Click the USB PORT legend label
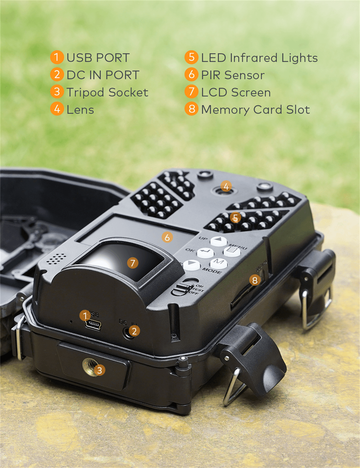pos(98,58)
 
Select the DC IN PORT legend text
pos(103,75)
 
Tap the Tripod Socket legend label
pos(107,92)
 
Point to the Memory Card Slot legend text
pos(255,110)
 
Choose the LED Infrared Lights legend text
pos(259,58)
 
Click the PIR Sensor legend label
pos(233,75)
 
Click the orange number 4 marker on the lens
pos(226,186)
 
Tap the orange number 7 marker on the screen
pos(132,263)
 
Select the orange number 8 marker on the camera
pos(255,280)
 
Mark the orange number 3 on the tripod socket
pos(100,370)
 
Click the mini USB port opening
pos(93,325)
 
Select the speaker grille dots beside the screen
pos(57,258)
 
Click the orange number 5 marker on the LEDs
pos(235,218)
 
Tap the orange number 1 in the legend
pos(57,58)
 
